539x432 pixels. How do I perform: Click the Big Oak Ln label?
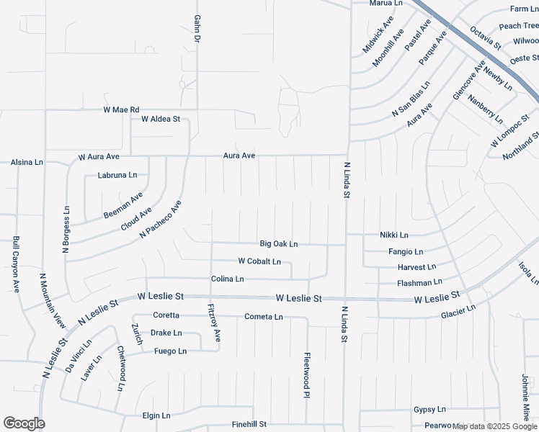coord(279,244)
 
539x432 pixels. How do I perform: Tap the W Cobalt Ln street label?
coord(259,261)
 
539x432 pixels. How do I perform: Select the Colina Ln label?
coord(228,279)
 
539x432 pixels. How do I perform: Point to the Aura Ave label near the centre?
coord(239,156)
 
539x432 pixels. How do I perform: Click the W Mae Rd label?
coord(121,110)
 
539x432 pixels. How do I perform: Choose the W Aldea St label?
coord(161,119)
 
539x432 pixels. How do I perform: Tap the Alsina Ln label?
coord(27,163)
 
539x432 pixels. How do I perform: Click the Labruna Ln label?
coord(117,175)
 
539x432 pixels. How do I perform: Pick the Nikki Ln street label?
coord(394,235)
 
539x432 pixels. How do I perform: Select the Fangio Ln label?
coord(406,252)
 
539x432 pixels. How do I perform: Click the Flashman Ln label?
coord(419,283)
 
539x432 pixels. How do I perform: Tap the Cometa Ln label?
coord(264,317)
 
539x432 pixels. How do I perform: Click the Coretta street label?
coord(166,315)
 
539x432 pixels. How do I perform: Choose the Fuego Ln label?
coord(171,351)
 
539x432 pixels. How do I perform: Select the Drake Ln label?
coord(166,333)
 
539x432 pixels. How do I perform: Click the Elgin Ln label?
coord(156,415)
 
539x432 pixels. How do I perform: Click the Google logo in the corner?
coord(24,423)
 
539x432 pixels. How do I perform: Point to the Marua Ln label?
coord(386,3)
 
